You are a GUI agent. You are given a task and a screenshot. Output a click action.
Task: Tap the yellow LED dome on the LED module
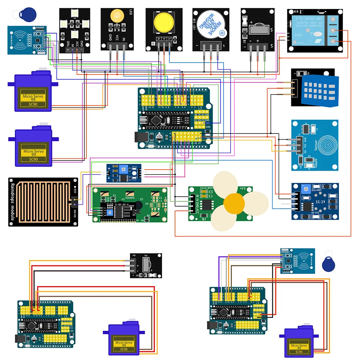[x=117, y=17]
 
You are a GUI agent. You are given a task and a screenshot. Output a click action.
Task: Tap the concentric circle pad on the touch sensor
[x=327, y=145]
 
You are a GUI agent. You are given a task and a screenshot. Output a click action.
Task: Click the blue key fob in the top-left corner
[x=28, y=13]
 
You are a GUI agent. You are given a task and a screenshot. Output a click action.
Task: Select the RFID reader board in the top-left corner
[x=27, y=40]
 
